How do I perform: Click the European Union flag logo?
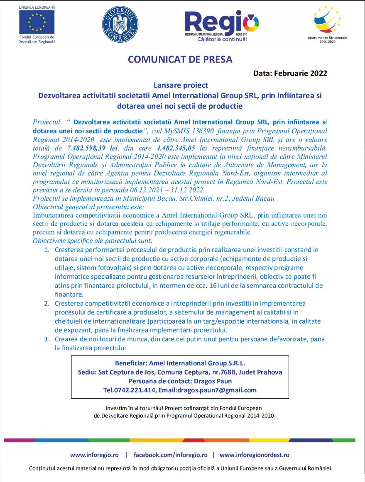37,22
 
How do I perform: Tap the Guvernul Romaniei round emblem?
120,24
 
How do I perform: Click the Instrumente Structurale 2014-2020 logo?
327,21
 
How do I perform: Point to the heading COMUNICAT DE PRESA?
180,59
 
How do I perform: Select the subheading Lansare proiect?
181,85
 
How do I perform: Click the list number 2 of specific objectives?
47,303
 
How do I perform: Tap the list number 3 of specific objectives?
47,339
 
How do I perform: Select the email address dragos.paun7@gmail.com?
217,390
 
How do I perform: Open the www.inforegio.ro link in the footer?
94,455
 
